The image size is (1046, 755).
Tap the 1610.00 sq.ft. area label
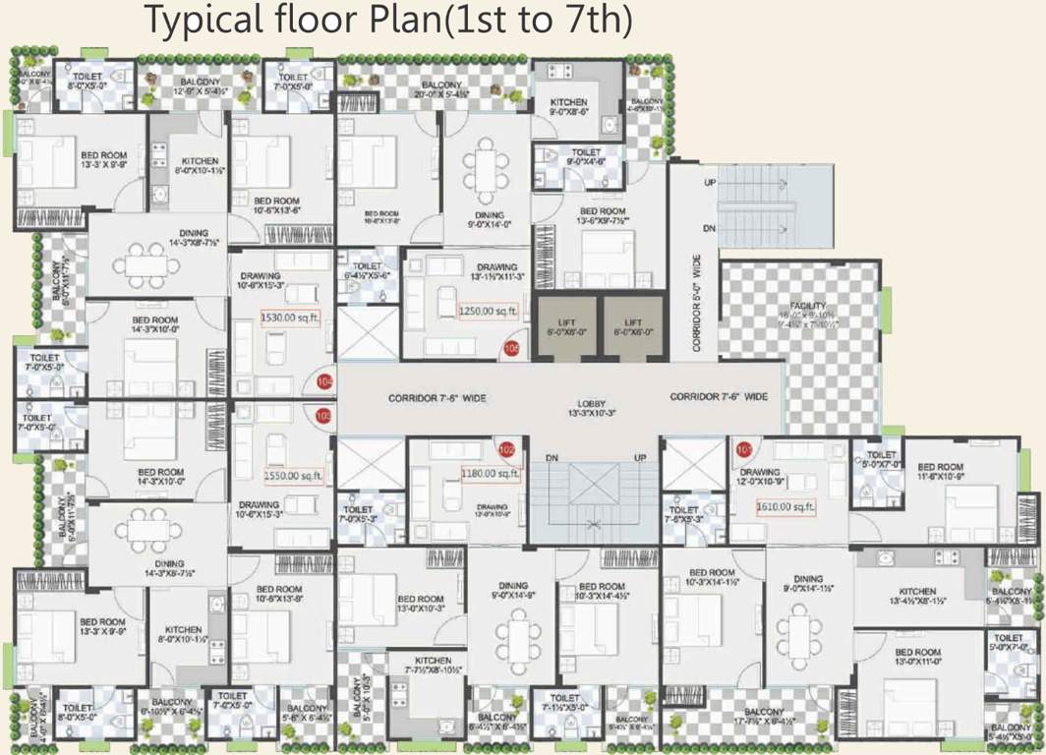(785, 507)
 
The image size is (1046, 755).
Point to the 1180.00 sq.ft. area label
(491, 475)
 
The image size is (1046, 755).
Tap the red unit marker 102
(507, 449)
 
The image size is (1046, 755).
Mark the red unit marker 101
(744, 450)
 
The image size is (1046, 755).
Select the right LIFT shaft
(633, 327)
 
